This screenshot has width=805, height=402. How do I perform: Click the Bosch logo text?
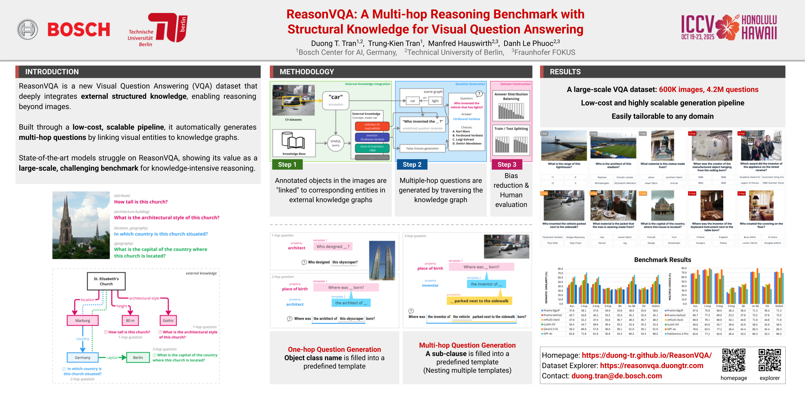[x=79, y=30]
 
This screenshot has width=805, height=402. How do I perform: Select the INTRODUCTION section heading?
[x=52, y=72]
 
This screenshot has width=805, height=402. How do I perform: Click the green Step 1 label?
[x=287, y=165]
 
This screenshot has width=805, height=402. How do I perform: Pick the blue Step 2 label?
[x=412, y=165]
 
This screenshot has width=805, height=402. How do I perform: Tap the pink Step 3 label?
[x=507, y=165]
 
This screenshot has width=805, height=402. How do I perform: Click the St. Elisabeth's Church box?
[x=106, y=281]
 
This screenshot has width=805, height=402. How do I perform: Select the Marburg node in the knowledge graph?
[x=83, y=321]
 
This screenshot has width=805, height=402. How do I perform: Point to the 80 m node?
[x=130, y=321]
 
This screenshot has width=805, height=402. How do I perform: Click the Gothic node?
[x=168, y=321]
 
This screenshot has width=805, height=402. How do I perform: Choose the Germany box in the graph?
[x=83, y=358]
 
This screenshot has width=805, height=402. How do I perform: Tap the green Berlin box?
[x=138, y=358]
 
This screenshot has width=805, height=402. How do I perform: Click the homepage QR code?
[x=734, y=360]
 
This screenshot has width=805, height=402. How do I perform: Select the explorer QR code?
[x=770, y=360]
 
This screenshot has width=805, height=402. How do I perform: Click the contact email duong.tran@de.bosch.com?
[x=617, y=376]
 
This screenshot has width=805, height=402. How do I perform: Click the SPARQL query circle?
[x=336, y=143]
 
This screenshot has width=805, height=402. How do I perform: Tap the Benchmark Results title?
[x=662, y=260]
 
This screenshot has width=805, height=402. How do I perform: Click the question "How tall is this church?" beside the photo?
[x=141, y=202]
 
